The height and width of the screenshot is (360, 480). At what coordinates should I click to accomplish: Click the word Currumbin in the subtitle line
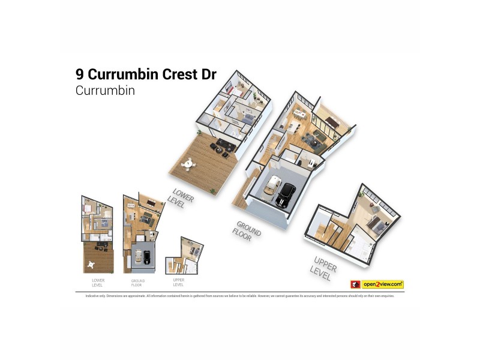(x=105, y=91)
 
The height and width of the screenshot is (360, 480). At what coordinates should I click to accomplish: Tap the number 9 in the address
(x=80, y=74)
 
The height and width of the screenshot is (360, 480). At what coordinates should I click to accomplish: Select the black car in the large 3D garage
(x=285, y=193)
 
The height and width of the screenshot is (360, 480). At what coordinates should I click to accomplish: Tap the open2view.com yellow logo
(x=382, y=284)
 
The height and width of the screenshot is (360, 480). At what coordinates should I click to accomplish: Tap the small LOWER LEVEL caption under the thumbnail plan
(x=98, y=283)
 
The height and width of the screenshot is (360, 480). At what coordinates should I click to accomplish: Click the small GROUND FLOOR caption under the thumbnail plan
(x=138, y=283)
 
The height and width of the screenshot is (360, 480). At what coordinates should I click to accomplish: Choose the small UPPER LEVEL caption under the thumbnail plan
(x=178, y=283)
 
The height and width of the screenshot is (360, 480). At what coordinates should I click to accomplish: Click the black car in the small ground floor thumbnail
(x=147, y=257)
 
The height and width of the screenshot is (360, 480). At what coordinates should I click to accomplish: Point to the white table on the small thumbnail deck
(x=91, y=263)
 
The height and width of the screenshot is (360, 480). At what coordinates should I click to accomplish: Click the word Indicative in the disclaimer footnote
(x=83, y=296)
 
